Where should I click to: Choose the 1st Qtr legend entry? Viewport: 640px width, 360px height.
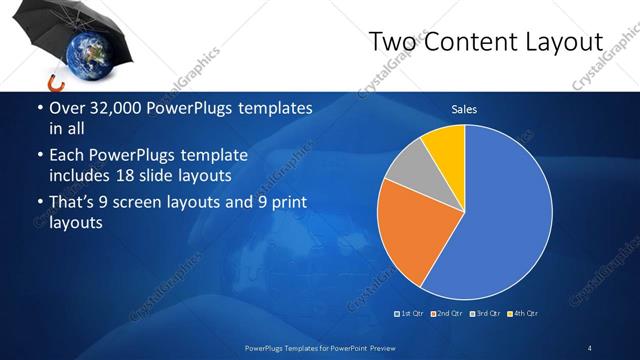click(409, 314)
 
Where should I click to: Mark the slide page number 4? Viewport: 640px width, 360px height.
click(589, 347)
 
